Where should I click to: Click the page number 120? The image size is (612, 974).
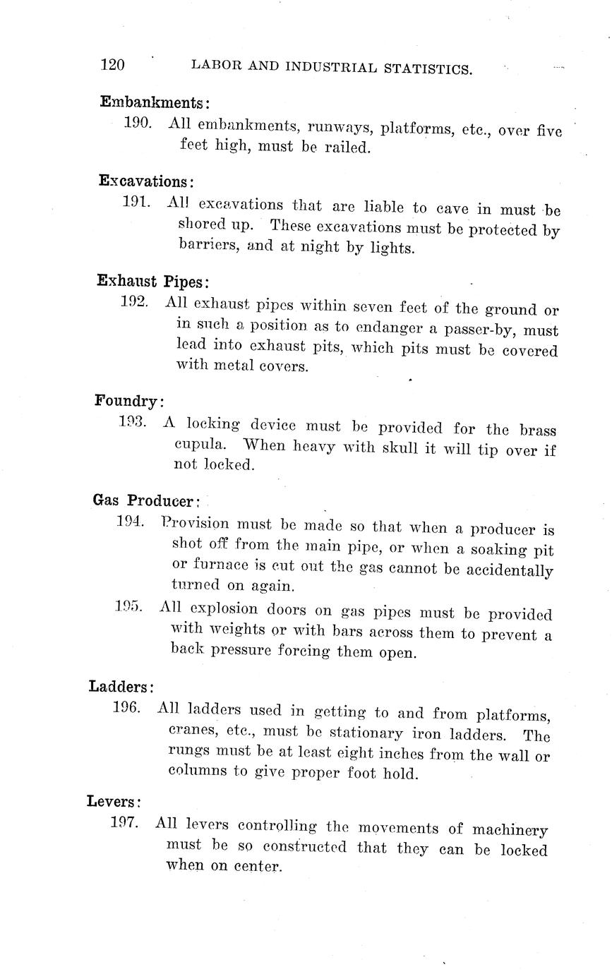(112, 65)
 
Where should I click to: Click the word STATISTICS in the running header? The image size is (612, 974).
(426, 68)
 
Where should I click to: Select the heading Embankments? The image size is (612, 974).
(155, 102)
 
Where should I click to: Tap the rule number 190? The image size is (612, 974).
(138, 123)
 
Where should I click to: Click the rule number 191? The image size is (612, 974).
(137, 203)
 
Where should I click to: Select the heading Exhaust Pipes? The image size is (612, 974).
(153, 281)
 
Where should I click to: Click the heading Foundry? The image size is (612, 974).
(128, 401)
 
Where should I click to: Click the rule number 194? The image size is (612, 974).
(131, 522)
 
